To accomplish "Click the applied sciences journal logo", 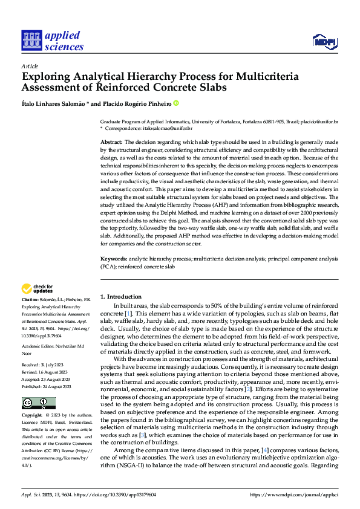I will tap(52, 41).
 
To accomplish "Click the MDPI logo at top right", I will tap(324, 41).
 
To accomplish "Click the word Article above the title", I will tap(30, 66).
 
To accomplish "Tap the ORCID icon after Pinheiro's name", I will tap(176, 103).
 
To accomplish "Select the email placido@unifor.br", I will tap(321, 122).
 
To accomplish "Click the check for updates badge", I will tap(38, 289).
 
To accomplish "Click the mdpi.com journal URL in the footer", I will tap(302, 494).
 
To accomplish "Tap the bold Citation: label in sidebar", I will tap(31, 299).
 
